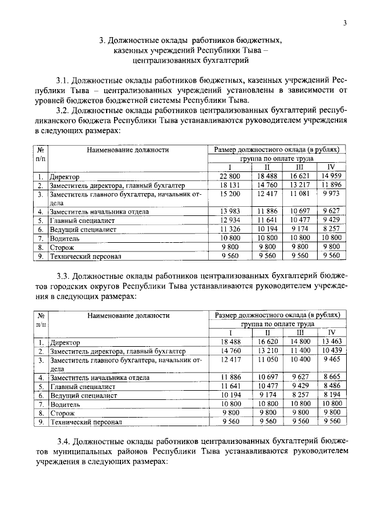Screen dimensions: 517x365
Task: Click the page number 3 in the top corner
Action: tap(345, 22)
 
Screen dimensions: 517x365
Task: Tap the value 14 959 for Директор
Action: tap(331, 176)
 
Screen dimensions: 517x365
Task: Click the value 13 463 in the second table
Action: tap(331, 342)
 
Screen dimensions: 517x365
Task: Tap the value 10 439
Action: tap(331, 351)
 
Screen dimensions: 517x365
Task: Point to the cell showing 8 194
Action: tap(331, 395)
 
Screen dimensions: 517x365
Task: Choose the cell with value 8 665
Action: tap(331, 377)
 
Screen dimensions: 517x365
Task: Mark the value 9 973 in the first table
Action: tap(331, 194)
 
